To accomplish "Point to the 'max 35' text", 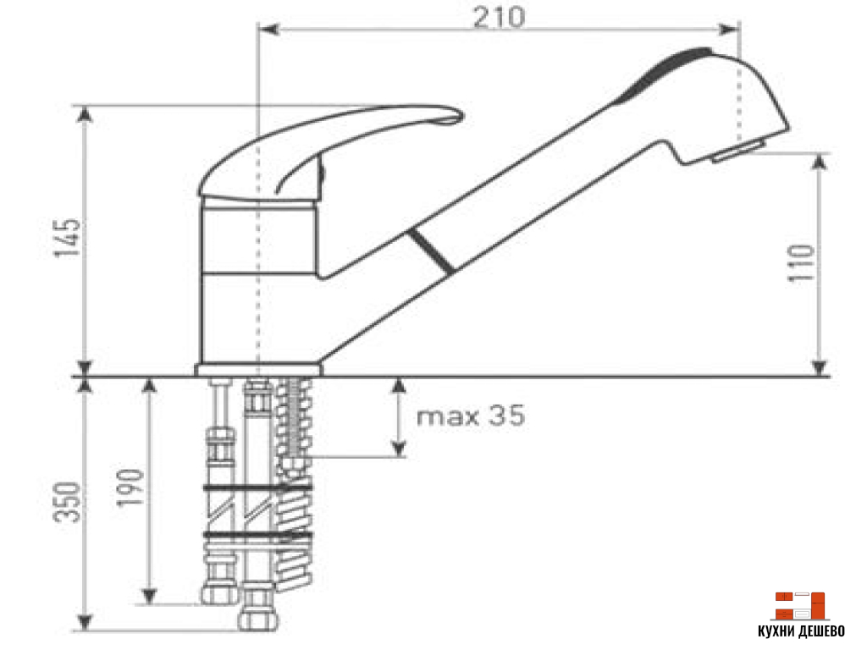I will (471, 416).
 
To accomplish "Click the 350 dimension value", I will (70, 502).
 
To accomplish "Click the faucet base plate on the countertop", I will (258, 369).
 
